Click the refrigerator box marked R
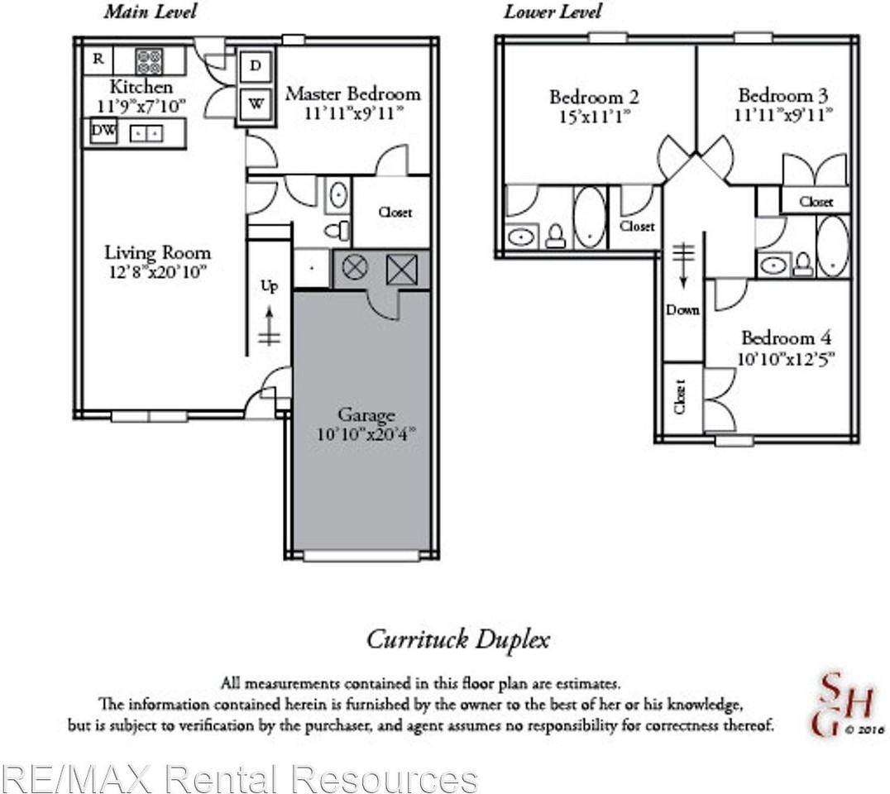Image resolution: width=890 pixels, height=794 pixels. (x=98, y=59)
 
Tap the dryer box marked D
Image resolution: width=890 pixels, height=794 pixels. (x=256, y=66)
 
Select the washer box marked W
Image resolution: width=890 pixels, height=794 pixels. (x=256, y=105)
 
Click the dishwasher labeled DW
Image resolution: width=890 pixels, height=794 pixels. (x=103, y=131)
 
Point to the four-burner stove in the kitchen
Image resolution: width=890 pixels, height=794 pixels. (x=149, y=60)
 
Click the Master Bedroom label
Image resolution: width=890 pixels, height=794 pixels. (x=352, y=93)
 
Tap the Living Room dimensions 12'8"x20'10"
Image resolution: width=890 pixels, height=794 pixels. (x=157, y=273)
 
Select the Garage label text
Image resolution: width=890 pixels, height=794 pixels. (x=366, y=415)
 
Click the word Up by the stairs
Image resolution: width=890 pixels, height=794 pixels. (x=270, y=286)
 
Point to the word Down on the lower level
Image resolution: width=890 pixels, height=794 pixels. (x=682, y=310)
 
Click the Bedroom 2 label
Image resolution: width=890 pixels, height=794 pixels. (x=594, y=97)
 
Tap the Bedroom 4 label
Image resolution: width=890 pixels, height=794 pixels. (x=786, y=338)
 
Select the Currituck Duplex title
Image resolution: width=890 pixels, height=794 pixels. (x=457, y=639)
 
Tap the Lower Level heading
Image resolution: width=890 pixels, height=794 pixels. (x=553, y=12)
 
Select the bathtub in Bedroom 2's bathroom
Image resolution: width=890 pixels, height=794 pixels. (x=589, y=217)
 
